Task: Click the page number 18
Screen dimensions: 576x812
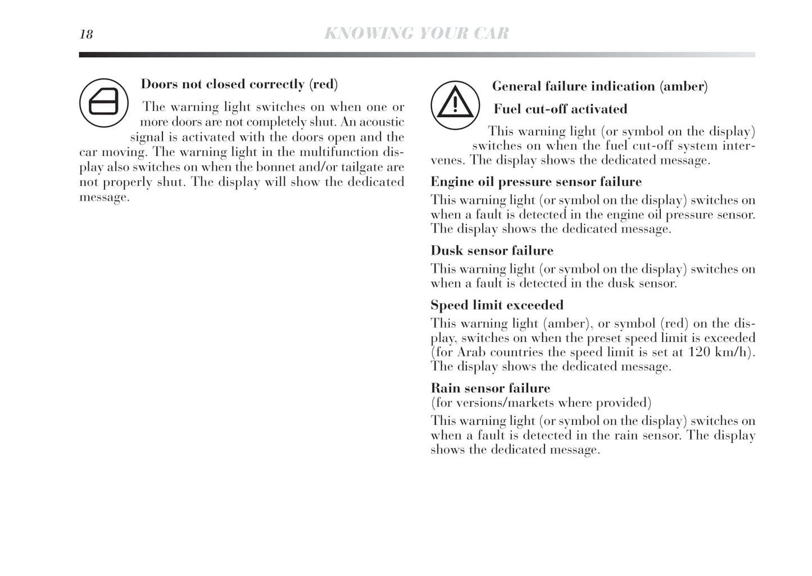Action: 86,34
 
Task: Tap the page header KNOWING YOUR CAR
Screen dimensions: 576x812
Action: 416,34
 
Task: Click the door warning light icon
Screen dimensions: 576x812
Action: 103,103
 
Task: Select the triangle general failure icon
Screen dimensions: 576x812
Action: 455,105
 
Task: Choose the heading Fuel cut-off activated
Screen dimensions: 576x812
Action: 560,109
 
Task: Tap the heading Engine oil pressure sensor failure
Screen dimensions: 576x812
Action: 536,182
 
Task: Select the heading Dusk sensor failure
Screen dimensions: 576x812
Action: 492,250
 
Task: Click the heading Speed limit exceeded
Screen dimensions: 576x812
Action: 497,305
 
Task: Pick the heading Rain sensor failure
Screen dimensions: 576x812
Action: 490,388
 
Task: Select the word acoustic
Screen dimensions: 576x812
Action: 381,122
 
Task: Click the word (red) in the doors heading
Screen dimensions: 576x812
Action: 323,84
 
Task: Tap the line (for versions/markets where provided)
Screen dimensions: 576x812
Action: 541,403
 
